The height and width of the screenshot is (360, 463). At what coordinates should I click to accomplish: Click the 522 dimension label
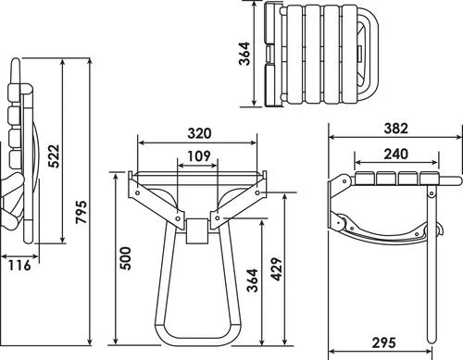pyautogui.click(x=54, y=155)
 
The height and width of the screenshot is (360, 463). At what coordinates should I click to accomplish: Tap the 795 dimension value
pyautogui.click(x=81, y=212)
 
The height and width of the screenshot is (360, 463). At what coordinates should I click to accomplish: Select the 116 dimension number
pyautogui.click(x=19, y=265)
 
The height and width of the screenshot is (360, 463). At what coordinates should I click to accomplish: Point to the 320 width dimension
pyautogui.click(x=199, y=133)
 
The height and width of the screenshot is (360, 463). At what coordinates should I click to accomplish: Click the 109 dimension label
pyautogui.click(x=199, y=156)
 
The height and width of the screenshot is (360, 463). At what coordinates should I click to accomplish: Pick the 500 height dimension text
pyautogui.click(x=126, y=258)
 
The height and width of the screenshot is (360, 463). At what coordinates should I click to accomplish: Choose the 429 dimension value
pyautogui.click(x=277, y=269)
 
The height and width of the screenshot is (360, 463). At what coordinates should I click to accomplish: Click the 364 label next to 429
pyautogui.click(x=252, y=280)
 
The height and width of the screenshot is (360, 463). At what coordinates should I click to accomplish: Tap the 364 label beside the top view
pyautogui.click(x=244, y=54)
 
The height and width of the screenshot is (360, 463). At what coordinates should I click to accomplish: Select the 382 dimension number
pyautogui.click(x=396, y=129)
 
